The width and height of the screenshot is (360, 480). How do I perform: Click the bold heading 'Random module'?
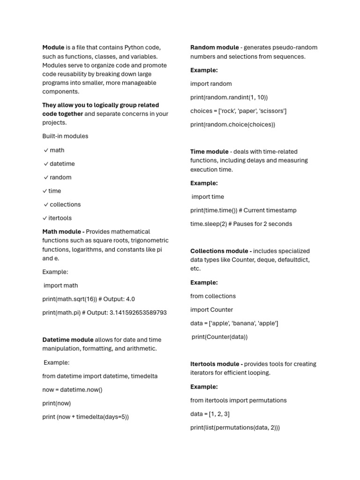(214, 47)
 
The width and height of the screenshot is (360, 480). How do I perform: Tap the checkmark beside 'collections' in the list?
(46, 204)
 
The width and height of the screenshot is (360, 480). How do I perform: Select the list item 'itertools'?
(60, 218)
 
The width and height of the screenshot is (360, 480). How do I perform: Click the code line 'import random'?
(211, 84)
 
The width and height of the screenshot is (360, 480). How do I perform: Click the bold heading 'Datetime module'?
(67, 340)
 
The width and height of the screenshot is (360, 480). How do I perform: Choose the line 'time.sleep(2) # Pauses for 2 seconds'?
(241, 224)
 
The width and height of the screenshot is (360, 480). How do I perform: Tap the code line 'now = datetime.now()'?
(72, 390)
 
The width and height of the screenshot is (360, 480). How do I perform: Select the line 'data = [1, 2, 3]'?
(210, 414)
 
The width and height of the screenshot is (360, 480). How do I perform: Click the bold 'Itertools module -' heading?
(216, 364)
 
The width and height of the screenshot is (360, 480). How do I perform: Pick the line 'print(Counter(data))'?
(219, 337)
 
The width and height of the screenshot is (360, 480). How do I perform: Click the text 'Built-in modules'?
(65, 136)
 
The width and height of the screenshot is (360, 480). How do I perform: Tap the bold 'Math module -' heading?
(63, 232)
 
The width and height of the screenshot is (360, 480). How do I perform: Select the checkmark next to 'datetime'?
(46, 164)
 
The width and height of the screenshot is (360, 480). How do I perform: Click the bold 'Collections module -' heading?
(221, 251)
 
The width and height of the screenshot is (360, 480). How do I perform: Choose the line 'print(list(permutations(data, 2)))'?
(235, 427)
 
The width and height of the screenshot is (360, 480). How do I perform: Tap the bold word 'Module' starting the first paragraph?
(53, 47)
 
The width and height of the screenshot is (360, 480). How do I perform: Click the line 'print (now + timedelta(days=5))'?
(85, 417)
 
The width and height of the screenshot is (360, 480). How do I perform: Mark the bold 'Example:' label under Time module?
(204, 183)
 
